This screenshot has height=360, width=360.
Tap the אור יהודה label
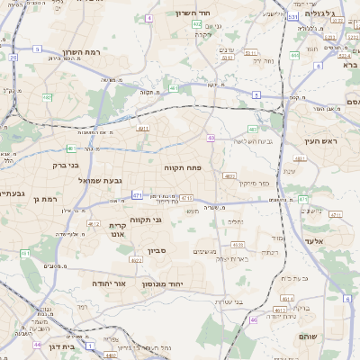pyautogui.click(x=107, y=283)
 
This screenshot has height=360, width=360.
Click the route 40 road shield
pyautogui.click(x=211, y=138)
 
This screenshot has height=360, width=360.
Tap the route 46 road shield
pyautogui.click(x=254, y=319)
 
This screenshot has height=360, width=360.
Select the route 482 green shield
pyautogui.click(x=196, y=24)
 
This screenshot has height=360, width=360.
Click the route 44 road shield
pyautogui.click(x=37, y=345)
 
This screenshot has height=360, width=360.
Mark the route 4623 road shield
pyautogui.click(x=136, y=260)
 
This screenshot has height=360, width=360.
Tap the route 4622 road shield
pyautogui.click(x=93, y=223)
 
